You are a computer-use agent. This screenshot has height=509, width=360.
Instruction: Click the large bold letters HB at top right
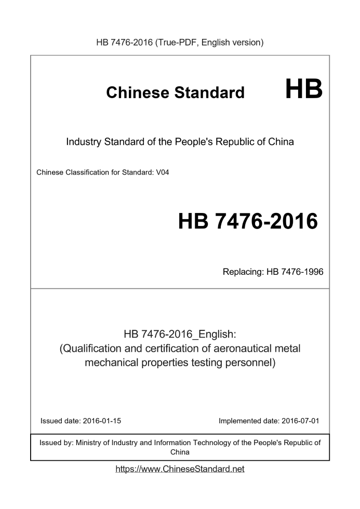[304, 89]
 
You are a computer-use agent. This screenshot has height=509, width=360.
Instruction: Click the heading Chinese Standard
[175, 92]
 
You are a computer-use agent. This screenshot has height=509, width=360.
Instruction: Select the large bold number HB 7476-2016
[248, 221]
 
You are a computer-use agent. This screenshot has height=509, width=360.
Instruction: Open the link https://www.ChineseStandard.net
[180, 469]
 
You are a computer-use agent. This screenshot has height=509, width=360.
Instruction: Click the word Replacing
[241, 271]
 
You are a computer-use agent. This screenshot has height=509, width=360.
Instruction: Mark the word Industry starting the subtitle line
[83, 141]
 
